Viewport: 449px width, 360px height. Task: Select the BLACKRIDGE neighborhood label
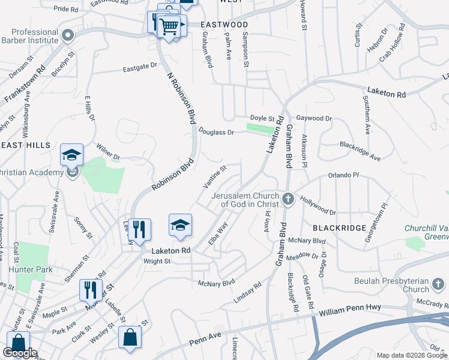coord(339,228)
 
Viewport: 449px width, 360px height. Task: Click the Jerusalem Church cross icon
coord(288,199)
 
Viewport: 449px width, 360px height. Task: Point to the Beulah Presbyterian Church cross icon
coord(438,283)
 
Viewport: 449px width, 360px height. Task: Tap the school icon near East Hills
coord(71,155)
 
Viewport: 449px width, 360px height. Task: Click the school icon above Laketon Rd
coord(180,225)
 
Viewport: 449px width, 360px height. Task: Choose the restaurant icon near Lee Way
coord(139,229)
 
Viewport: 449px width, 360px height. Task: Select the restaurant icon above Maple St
coord(91,290)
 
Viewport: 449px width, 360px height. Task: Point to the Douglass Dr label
coord(216,132)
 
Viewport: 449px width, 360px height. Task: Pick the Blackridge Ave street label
coord(360,151)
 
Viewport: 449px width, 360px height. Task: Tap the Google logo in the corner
coord(20,353)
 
